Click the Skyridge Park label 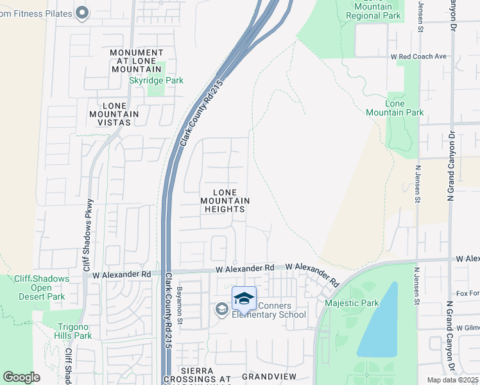[x=157, y=80]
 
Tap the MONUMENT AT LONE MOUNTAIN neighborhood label [x=136, y=61]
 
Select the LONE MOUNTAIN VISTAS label [x=117, y=114]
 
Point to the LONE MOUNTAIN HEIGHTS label [x=224, y=201]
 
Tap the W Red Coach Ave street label [x=418, y=56]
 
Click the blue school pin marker [x=244, y=298]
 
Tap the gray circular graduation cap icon [x=221, y=310]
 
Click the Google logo [x=21, y=377]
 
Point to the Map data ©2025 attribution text [x=452, y=380]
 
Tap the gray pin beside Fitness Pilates [x=81, y=12]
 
